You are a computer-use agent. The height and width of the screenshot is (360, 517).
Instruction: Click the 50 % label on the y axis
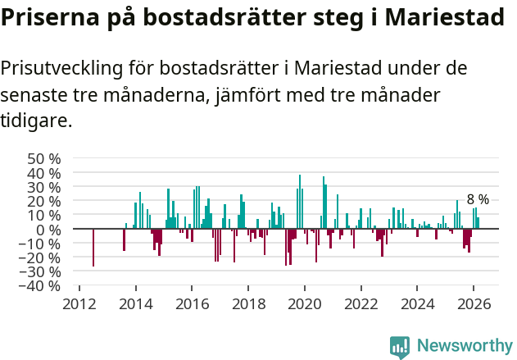pos(44,158)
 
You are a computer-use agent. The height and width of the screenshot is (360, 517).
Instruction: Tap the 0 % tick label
pos(48,229)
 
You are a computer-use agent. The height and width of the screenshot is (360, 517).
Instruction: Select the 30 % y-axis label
pos(44,187)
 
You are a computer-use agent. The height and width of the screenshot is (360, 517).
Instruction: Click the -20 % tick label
pos(41,257)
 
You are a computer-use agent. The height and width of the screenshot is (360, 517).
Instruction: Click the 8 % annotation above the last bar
pos(478,199)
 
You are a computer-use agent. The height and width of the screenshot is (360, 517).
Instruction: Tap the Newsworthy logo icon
pos(400,347)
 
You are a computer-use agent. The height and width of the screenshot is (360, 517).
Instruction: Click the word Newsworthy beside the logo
pos(464,346)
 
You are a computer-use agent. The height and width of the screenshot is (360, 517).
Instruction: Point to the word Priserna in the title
pos(49,17)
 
